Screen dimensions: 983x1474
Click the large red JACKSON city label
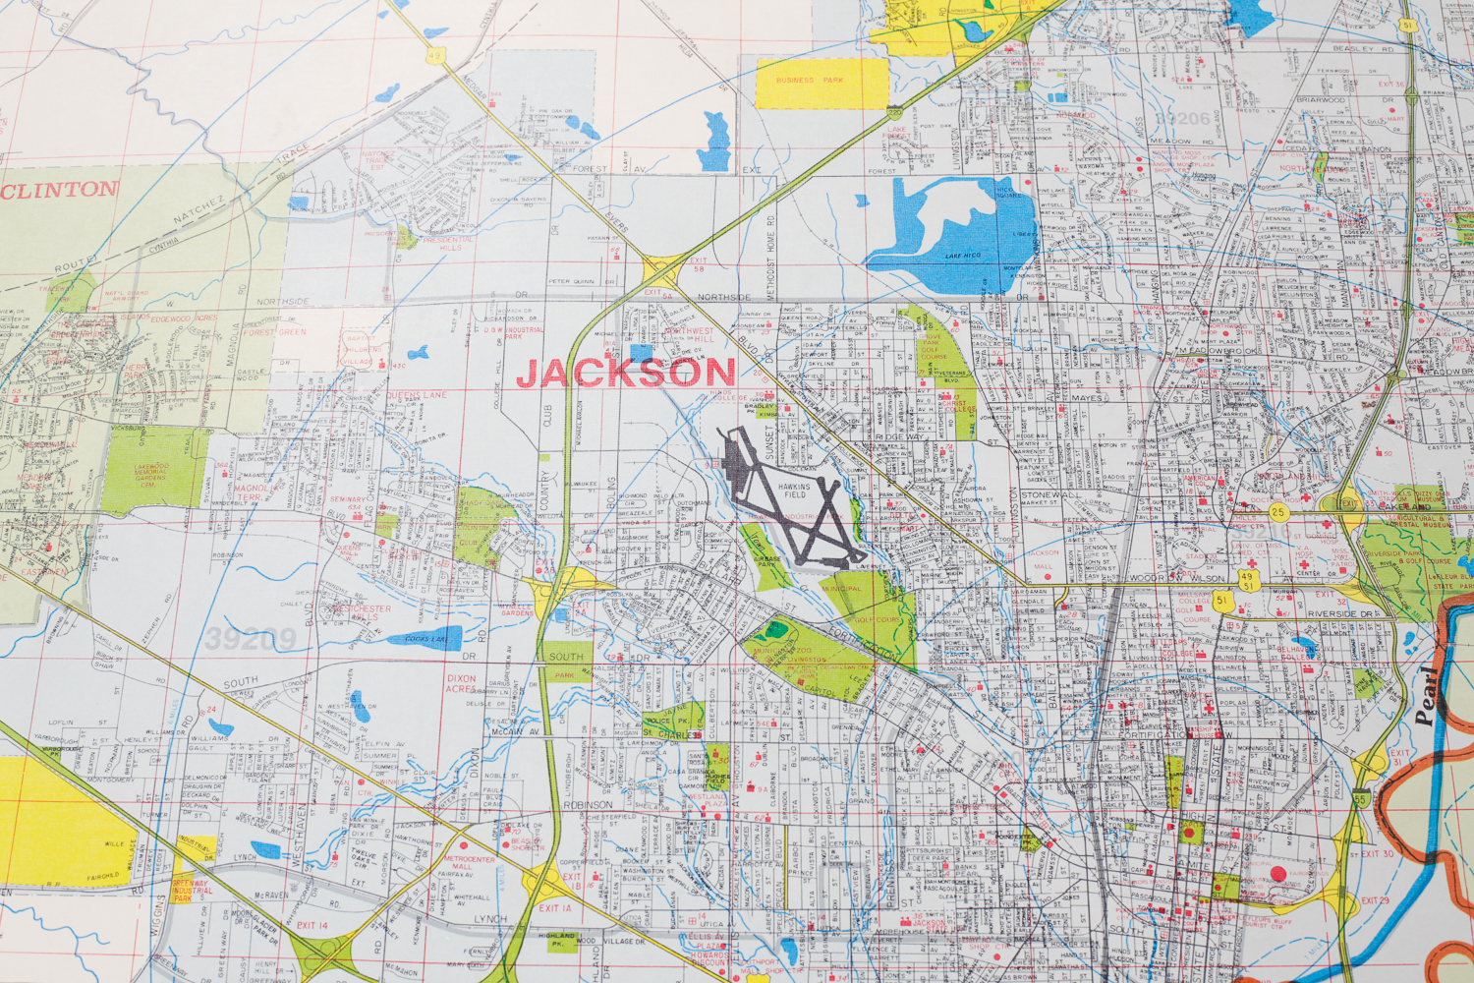pyautogui.click(x=626, y=374)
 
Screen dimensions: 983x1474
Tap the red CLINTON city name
pyautogui.click(x=59, y=191)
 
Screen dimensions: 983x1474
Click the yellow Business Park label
pyautogui.click(x=810, y=81)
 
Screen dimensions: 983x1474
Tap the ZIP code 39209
pyautogui.click(x=251, y=640)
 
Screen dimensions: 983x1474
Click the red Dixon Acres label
pyautogui.click(x=461, y=684)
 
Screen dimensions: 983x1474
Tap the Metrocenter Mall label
pyautogui.click(x=470, y=863)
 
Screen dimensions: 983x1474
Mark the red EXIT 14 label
pyautogui.click(x=312, y=925)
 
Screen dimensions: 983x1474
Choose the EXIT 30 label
pyautogui.click(x=1377, y=854)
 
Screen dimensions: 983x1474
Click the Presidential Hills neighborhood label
pyautogui.click(x=447, y=243)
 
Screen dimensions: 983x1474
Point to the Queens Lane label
pyautogui.click(x=416, y=395)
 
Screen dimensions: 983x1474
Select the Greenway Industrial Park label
pyautogui.click(x=190, y=890)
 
